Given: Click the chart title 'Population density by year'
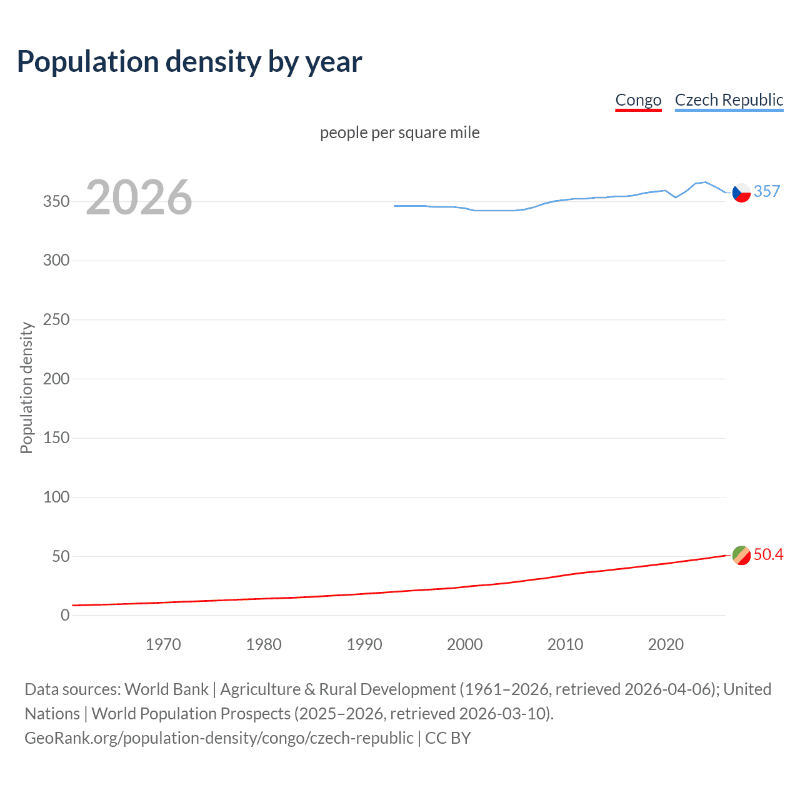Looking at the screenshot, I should coord(189,62).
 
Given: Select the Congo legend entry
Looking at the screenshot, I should coord(638,100).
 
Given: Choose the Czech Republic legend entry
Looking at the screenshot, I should coord(729,100).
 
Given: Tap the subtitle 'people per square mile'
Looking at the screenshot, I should coord(400,132).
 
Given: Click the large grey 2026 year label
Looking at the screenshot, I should coord(139,197).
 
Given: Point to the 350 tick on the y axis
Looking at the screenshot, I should coord(56,201).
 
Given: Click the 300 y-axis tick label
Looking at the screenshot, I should coord(56,261).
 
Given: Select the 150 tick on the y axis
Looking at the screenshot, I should coord(56,438).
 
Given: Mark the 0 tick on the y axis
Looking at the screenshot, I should coord(65,616).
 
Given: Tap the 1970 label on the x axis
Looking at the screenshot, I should coord(163,644).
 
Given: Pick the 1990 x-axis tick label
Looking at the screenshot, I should coord(364,644).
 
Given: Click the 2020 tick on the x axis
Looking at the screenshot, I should coord(666,644).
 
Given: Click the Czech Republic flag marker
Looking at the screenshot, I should coord(741,192).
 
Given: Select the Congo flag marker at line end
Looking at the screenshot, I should coord(741,555).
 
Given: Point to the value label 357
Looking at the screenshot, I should coord(767,191).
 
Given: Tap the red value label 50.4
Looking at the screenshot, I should coord(768,555).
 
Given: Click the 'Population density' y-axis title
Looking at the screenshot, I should coord(26,387).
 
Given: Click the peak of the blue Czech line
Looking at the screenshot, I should coord(705,182).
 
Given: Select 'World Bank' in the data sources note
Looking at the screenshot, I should coord(166,689).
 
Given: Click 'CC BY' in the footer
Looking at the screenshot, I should coord(447,738).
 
